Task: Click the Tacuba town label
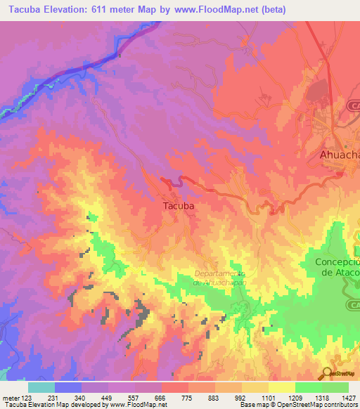tap(178, 207)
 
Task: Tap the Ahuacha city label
tap(335, 155)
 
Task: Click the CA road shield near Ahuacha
tap(353, 105)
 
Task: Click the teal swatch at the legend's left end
tap(41, 387)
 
